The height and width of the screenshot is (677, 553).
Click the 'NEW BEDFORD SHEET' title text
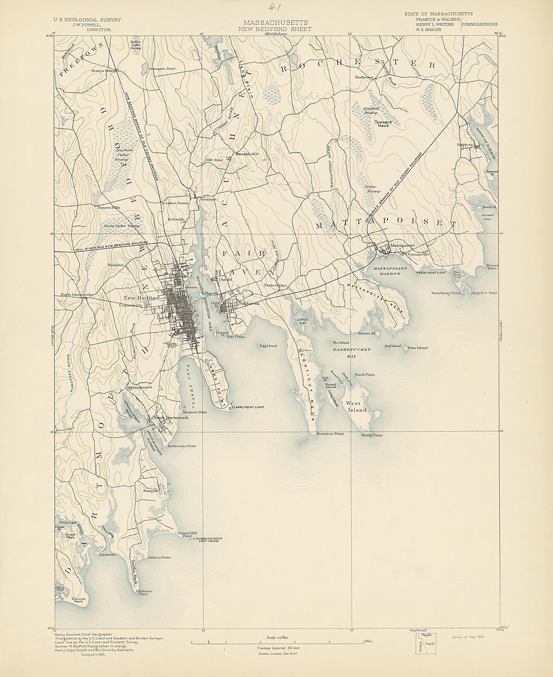click(x=275, y=29)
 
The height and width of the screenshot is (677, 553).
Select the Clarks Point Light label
click(x=248, y=407)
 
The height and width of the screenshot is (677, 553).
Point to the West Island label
click(x=356, y=407)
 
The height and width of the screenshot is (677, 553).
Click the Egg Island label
click(x=268, y=346)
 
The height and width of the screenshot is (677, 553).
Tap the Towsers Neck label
click(x=383, y=124)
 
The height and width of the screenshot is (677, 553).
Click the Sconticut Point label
click(x=330, y=434)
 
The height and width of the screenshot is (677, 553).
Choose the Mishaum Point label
click(x=144, y=593)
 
